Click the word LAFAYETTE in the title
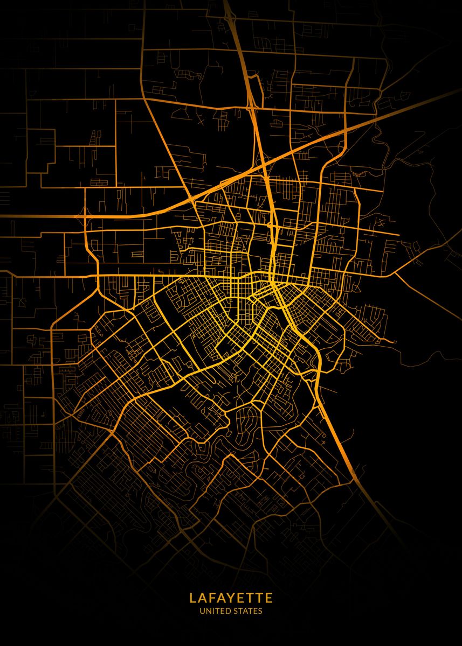pyautogui.click(x=231, y=598)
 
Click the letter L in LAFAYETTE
pyautogui.click(x=192, y=598)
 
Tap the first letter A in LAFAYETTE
pyautogui.click(x=202, y=598)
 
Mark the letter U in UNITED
pyautogui.click(x=202, y=611)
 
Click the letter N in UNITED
pyautogui.click(x=207, y=611)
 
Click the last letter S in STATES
pyautogui.click(x=260, y=611)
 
